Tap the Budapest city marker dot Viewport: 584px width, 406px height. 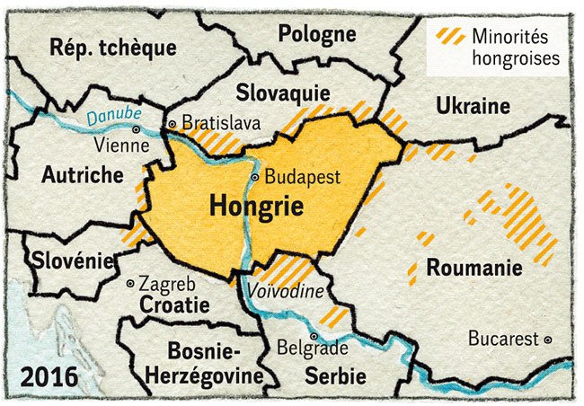255,178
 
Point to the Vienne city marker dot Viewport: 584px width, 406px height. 137,129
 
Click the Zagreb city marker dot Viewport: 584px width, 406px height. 131,283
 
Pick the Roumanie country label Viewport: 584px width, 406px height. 473,268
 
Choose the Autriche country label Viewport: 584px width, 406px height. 82,175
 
